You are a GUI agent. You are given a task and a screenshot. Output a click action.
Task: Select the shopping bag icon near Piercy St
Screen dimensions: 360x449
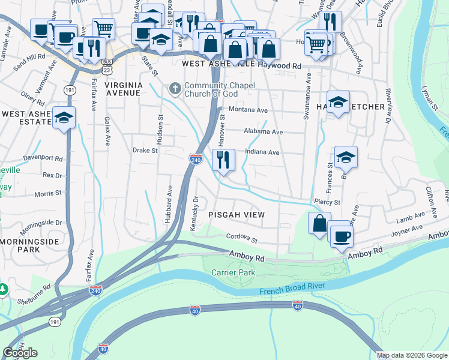tap(319, 223)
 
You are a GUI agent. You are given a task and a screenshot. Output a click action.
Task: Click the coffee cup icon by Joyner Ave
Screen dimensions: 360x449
tap(341, 235)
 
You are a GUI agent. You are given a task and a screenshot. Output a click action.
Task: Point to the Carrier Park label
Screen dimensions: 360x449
tap(233, 272)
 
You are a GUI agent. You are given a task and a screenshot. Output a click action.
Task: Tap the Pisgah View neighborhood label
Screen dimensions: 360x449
tap(236, 215)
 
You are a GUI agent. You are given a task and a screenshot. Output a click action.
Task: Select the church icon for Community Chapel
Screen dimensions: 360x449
tap(175, 89)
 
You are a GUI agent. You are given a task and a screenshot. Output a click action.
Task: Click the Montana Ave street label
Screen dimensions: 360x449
tap(248, 110)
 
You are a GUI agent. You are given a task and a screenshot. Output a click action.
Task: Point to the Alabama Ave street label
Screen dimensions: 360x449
tap(263, 131)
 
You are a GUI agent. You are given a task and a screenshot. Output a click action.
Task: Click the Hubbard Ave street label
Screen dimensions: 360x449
tap(169, 204)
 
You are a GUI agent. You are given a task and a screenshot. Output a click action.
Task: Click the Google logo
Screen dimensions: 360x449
tap(20, 353)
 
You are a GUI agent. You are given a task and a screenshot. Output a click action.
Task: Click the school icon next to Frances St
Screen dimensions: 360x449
tap(346, 158)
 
